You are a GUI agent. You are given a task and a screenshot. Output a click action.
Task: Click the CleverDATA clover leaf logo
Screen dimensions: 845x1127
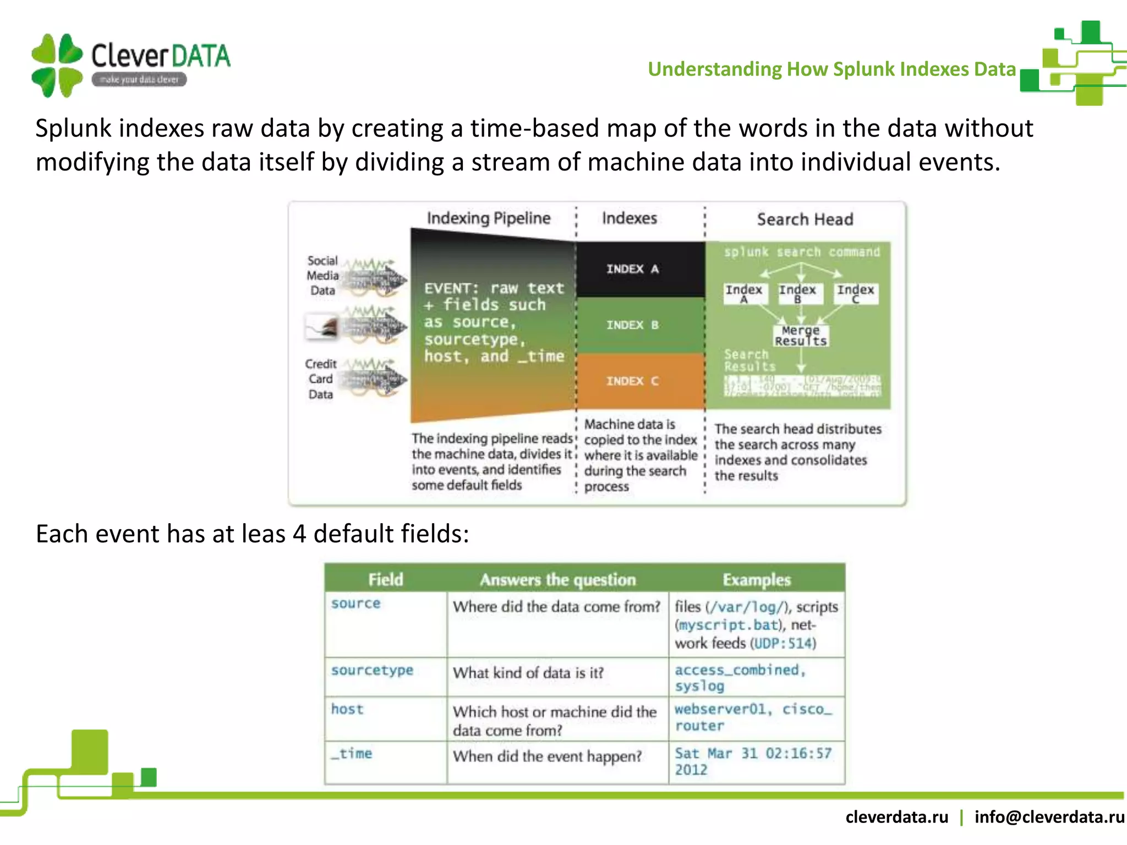click(x=57, y=65)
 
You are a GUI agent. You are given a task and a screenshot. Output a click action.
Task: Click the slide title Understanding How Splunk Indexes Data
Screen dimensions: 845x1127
click(x=831, y=69)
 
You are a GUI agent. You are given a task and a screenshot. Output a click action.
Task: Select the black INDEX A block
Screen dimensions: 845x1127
click(x=633, y=269)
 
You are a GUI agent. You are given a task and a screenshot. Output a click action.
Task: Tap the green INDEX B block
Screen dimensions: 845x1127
click(x=633, y=325)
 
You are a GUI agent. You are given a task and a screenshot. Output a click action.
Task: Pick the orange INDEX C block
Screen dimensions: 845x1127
click(x=633, y=381)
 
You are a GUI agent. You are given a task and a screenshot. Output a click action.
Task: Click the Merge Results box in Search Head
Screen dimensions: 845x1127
click(x=801, y=336)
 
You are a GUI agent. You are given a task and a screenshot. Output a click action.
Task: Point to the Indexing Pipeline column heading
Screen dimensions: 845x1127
click(x=489, y=218)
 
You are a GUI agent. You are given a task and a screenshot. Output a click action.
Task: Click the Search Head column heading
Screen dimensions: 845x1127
click(x=805, y=220)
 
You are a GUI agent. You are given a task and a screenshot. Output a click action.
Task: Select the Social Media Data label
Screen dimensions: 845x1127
click(x=322, y=276)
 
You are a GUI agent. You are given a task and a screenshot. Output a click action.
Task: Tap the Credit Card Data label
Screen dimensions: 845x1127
click(x=321, y=379)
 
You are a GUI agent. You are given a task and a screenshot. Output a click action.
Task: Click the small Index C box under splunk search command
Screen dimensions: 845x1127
click(x=855, y=293)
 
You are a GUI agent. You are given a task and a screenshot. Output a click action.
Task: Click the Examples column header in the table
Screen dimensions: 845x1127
click(x=757, y=579)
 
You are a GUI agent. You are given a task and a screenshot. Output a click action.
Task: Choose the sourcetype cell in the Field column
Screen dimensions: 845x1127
click(x=372, y=671)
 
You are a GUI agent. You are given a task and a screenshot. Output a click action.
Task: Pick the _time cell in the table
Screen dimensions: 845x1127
click(x=352, y=754)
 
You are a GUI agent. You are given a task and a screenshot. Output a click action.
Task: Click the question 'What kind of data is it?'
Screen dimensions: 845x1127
click(x=528, y=673)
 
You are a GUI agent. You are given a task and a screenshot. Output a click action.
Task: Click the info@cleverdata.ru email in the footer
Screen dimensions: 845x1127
click(x=1049, y=817)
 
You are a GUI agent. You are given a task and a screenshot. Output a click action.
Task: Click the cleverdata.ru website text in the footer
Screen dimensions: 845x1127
click(x=896, y=817)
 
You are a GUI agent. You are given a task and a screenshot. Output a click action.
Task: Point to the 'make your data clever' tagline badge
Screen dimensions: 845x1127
click(x=139, y=80)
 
